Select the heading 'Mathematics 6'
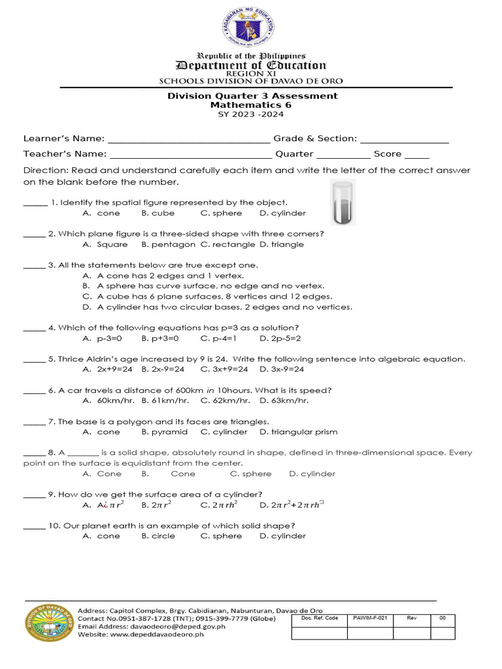(250, 105)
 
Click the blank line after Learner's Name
(189, 139)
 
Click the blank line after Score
(417, 155)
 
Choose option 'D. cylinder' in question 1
(282, 213)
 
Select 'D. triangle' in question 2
(282, 244)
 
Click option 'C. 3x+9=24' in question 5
(224, 369)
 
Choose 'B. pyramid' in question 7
(164, 432)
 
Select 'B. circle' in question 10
(158, 536)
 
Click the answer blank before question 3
(34, 266)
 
